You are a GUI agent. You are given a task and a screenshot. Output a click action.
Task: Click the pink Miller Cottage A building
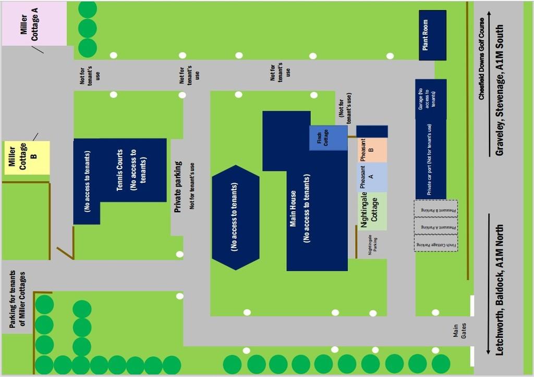(33, 23)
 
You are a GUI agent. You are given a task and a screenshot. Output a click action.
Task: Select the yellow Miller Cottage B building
(27, 157)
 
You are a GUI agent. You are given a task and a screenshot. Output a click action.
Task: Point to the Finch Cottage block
(328, 138)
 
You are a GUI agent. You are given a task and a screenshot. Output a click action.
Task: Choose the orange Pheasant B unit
(371, 150)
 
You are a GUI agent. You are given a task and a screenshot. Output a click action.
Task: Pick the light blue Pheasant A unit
(371, 177)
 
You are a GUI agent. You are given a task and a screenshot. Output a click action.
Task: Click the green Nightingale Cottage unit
(371, 211)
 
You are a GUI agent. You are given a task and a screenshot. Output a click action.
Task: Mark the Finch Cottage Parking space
(436, 244)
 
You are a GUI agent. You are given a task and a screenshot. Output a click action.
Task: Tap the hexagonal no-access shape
(235, 217)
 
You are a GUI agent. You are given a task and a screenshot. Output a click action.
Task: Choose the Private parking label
(178, 187)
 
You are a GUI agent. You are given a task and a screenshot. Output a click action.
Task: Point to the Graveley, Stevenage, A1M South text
(500, 90)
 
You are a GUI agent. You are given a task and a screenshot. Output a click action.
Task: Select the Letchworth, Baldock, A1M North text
(500, 289)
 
